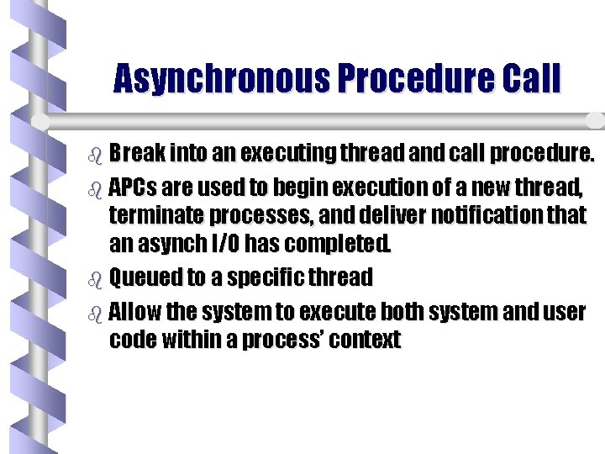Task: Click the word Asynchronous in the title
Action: click(220, 79)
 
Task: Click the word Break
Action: click(137, 155)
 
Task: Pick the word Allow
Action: click(136, 313)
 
